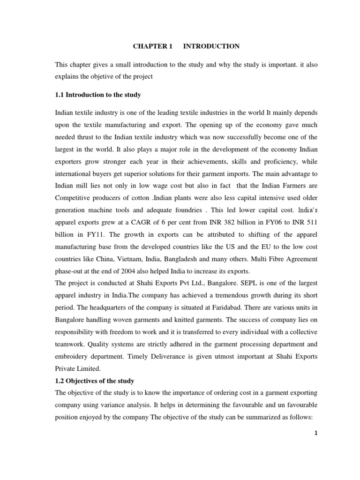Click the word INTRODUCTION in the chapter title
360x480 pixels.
click(x=211, y=46)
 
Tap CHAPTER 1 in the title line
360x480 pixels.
click(x=153, y=46)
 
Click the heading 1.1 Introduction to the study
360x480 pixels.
click(x=98, y=95)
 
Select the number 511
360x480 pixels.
click(x=311, y=223)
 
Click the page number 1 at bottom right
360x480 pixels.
click(x=316, y=433)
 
